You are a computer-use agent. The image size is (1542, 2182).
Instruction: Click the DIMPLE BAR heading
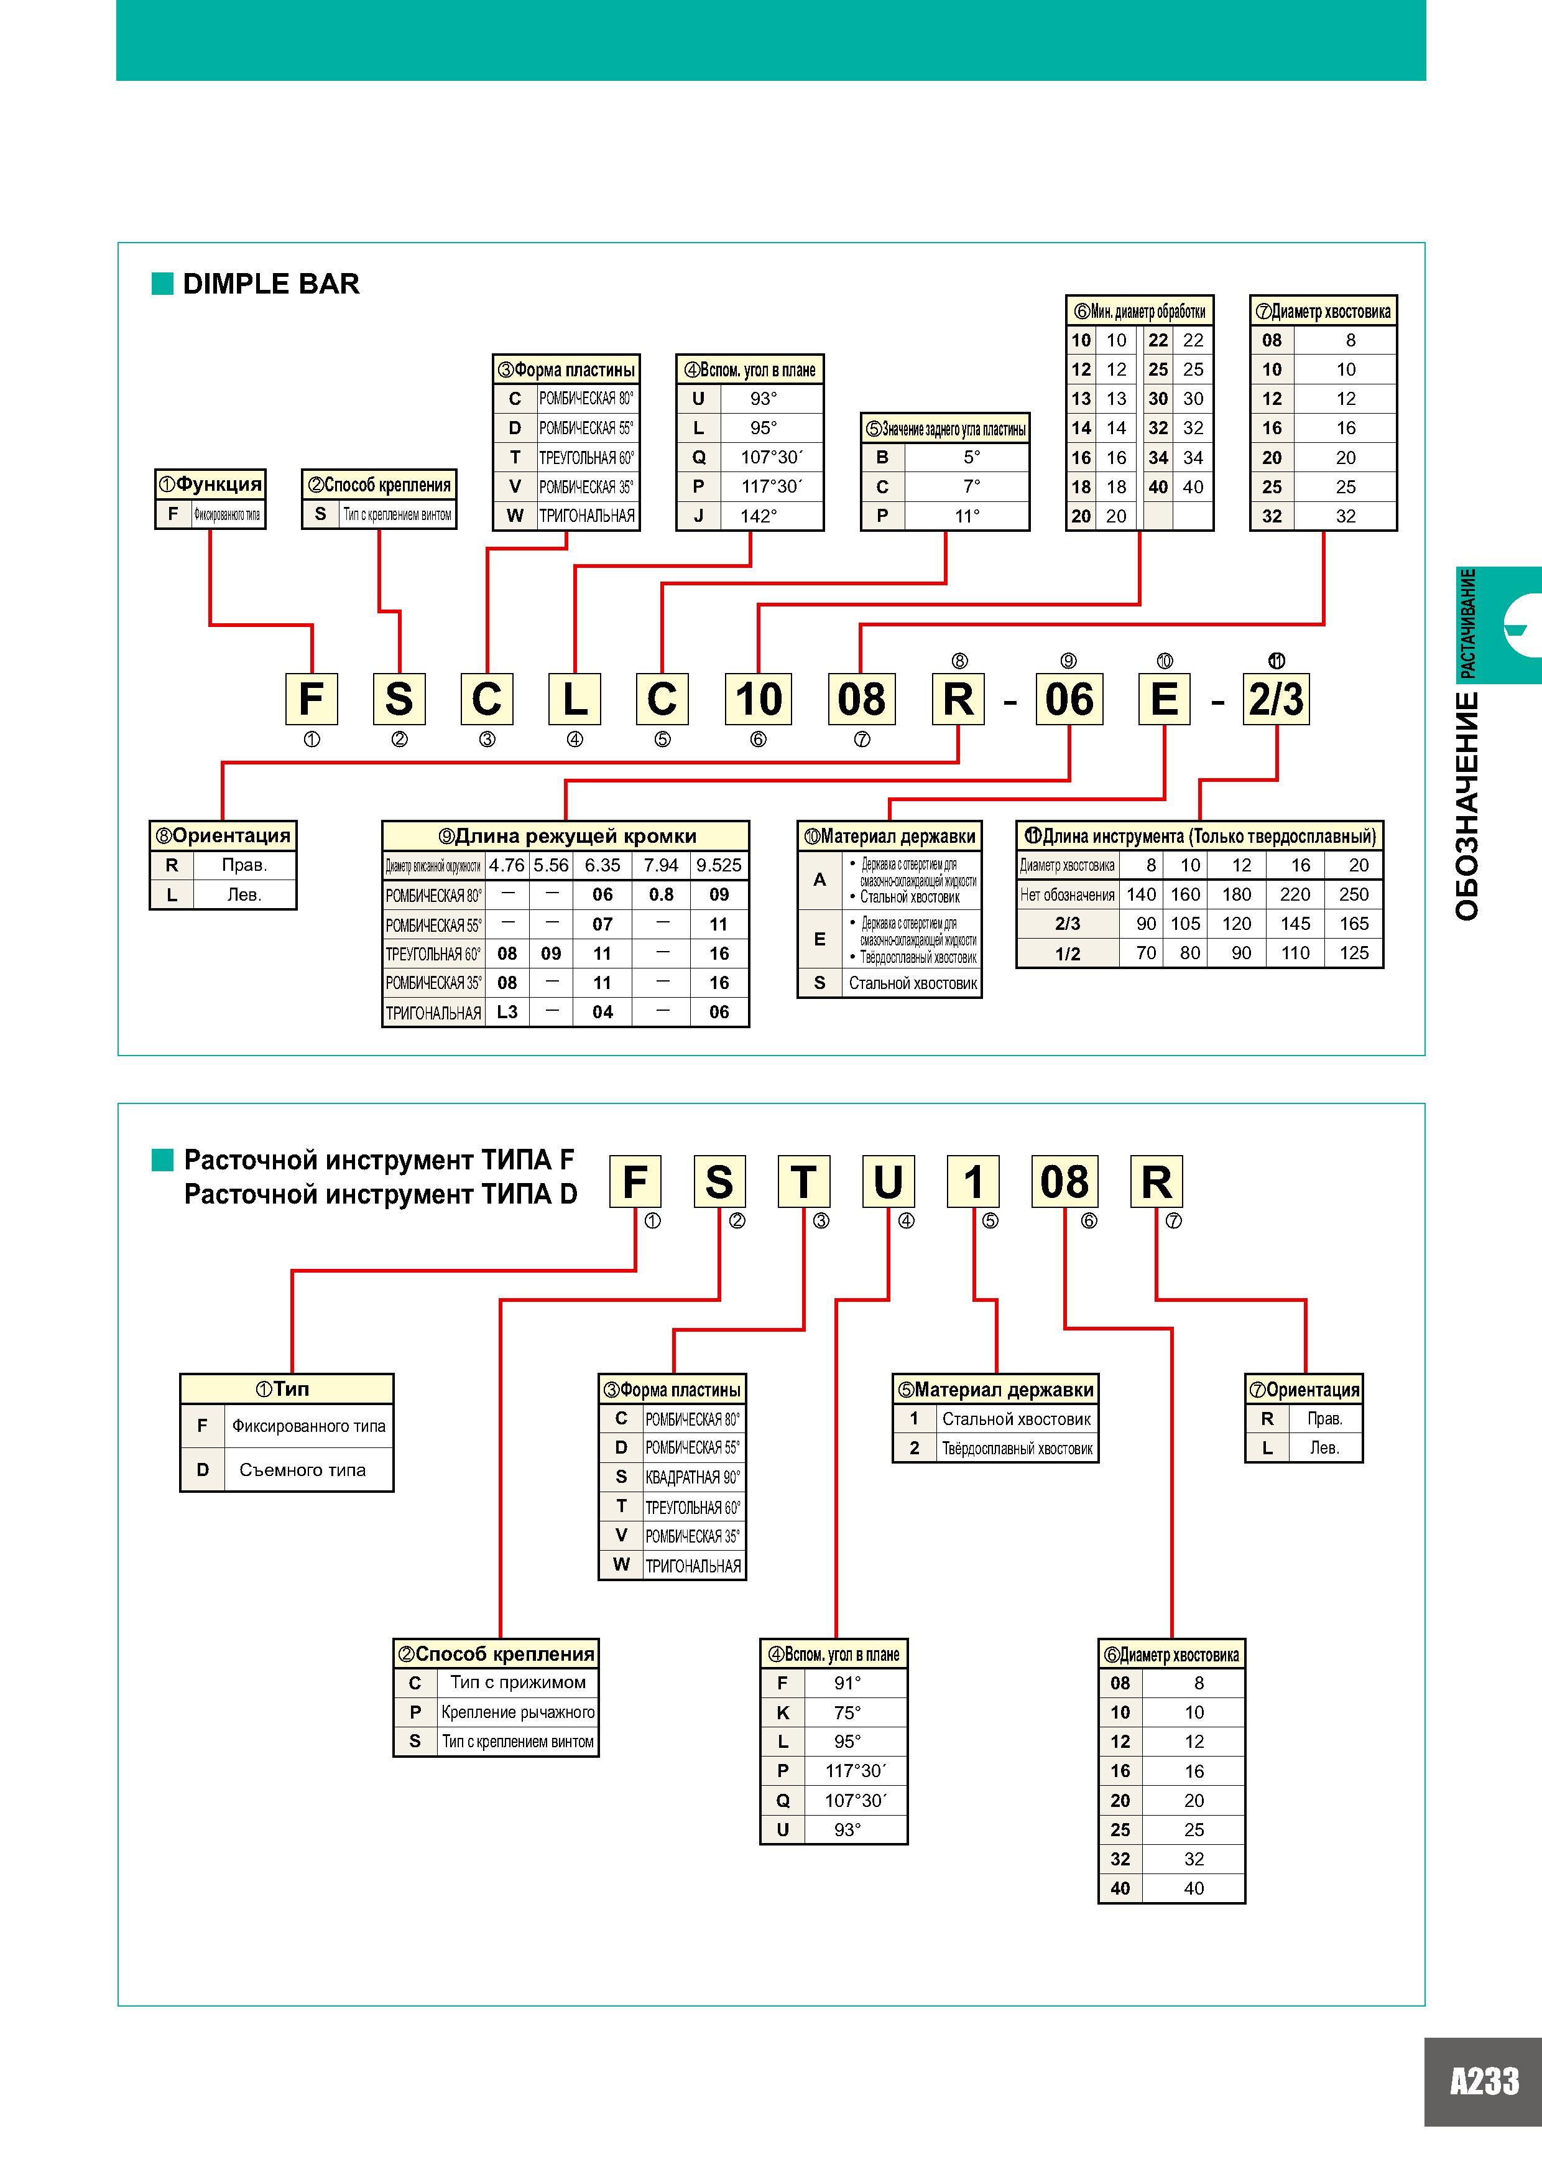tap(270, 284)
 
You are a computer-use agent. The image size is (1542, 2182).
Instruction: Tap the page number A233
tap(1484, 2081)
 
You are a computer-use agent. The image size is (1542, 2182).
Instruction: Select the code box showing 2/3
tap(1276, 700)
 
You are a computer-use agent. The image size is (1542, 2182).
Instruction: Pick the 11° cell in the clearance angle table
tap(967, 516)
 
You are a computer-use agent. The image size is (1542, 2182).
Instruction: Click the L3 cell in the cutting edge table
tap(507, 1012)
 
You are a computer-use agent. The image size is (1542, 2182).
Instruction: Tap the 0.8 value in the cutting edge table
tap(662, 894)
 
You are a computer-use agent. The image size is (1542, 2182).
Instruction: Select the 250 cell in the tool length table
tap(1354, 894)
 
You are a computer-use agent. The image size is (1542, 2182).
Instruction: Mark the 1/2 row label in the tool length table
tap(1068, 953)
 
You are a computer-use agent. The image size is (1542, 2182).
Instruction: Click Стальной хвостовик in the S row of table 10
tap(913, 983)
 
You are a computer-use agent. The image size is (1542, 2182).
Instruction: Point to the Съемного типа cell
tap(302, 1470)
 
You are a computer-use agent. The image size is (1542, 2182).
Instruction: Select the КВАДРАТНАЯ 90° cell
tap(693, 1478)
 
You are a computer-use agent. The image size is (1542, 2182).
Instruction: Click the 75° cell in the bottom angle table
tap(846, 1712)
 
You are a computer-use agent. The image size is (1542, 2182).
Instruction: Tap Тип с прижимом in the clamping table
tap(518, 1682)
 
